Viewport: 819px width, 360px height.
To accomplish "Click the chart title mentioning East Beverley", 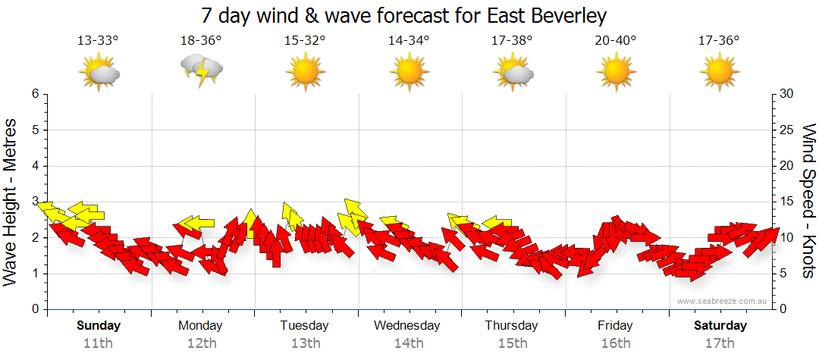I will (405, 16).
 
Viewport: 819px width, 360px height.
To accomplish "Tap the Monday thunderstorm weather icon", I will (202, 70).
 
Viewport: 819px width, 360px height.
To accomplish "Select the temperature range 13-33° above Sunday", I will (98, 41).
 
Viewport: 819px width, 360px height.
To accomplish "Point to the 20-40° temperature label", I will (616, 41).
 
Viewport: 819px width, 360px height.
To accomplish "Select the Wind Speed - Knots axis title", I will (807, 201).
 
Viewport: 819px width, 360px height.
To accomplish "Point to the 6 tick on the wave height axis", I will (34, 94).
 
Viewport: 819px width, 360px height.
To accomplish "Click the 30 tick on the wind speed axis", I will (787, 94).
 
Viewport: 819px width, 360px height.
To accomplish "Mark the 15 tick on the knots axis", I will (787, 202).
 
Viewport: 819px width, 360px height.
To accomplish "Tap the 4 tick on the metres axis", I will (34, 166).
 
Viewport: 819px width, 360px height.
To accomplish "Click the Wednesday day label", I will (407, 326).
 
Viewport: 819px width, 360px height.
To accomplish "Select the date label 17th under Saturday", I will (720, 343).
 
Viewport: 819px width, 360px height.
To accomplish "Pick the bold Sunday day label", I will (99, 326).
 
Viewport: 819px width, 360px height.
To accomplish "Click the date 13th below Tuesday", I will (305, 343).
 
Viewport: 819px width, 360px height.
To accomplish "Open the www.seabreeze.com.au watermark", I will (723, 302).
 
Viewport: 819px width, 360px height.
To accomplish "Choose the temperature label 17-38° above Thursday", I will (512, 41).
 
